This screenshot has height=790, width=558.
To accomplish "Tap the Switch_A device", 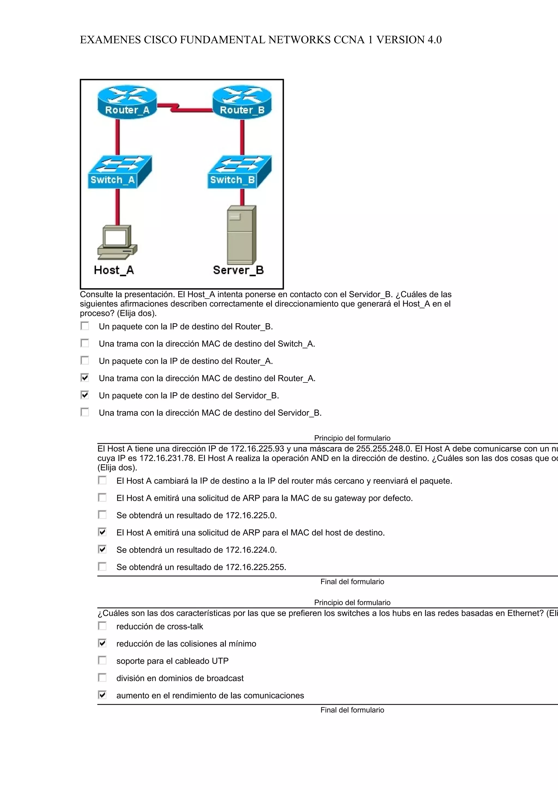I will [x=119, y=172].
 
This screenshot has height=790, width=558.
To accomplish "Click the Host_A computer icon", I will [x=117, y=242].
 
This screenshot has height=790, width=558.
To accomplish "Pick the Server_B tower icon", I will [x=241, y=235].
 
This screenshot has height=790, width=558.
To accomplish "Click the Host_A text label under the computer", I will [x=114, y=270].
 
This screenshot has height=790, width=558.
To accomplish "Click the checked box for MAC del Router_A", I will [x=84, y=378].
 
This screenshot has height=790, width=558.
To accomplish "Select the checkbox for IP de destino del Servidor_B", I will [x=84, y=395].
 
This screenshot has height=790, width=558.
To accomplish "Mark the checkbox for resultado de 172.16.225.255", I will [x=102, y=566].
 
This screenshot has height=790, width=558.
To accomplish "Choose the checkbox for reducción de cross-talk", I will [x=102, y=626].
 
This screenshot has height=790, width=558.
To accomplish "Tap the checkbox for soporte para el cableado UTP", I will [x=102, y=660].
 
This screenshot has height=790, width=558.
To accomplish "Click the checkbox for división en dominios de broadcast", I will [x=102, y=677].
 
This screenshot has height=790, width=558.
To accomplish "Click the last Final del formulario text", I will [x=352, y=710].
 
